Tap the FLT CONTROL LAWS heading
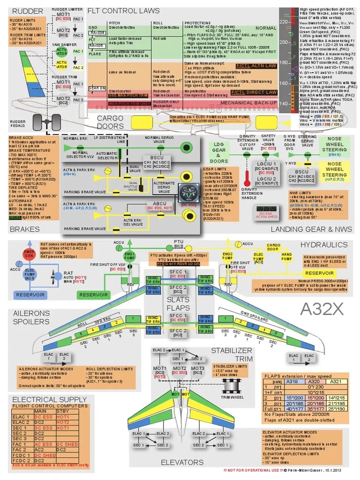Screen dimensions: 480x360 [x=124, y=11]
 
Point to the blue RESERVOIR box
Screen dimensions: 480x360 [x=29, y=295]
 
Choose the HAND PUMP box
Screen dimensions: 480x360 [x=286, y=257]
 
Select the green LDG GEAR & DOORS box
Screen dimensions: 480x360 [x=219, y=152]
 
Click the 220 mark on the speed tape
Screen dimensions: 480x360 [x=283, y=22]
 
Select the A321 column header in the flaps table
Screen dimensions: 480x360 [x=336, y=382]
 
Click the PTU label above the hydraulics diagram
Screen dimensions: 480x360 [x=178, y=241]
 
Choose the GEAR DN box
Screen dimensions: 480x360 [x=97, y=89]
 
